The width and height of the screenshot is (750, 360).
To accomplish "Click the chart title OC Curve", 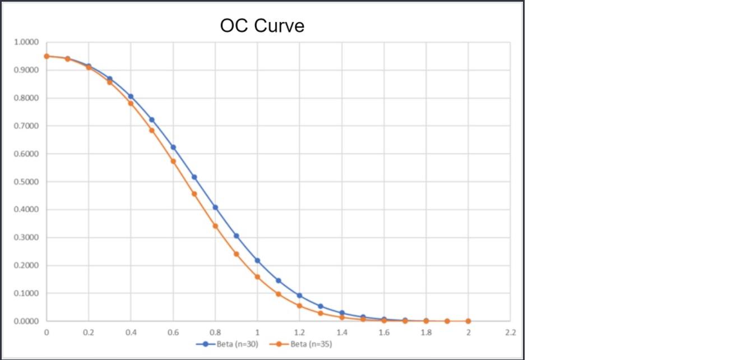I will [262, 26].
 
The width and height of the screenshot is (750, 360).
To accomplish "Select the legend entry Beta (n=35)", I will [307, 344].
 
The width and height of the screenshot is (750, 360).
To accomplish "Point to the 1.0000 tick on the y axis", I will [26, 43].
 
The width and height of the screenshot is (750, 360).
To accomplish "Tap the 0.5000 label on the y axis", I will [26, 182].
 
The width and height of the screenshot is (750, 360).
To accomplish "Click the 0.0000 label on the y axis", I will [26, 321].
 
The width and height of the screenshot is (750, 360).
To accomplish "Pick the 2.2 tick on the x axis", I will [510, 333].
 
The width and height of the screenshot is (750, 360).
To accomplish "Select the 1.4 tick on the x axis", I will [341, 333].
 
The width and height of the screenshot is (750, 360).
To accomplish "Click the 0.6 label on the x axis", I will [173, 333].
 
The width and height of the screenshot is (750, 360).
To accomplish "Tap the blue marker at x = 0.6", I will [173, 147].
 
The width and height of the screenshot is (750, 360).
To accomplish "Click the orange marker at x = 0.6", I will [173, 161].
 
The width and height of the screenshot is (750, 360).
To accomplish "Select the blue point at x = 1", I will [257, 261].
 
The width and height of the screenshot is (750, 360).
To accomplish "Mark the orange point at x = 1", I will [257, 277].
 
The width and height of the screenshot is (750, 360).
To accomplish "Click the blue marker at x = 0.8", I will [215, 207].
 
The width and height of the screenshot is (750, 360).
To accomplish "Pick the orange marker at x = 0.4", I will [131, 103].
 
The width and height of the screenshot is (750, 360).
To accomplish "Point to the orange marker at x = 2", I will [468, 321].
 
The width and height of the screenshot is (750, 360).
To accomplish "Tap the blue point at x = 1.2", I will [299, 296].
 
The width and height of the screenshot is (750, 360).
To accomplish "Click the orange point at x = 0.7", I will [194, 194].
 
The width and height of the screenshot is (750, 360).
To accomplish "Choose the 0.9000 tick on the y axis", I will [26, 70].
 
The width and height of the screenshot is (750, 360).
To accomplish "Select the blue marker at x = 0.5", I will [152, 120].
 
